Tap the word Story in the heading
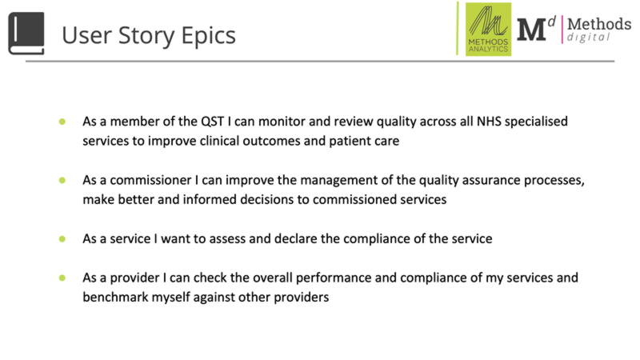click(x=147, y=37)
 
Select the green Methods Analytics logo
click(x=488, y=30)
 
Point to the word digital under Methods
click(x=589, y=38)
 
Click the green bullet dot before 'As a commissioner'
click(x=62, y=181)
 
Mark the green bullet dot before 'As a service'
click(x=62, y=239)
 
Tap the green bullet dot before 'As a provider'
click(x=62, y=278)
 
